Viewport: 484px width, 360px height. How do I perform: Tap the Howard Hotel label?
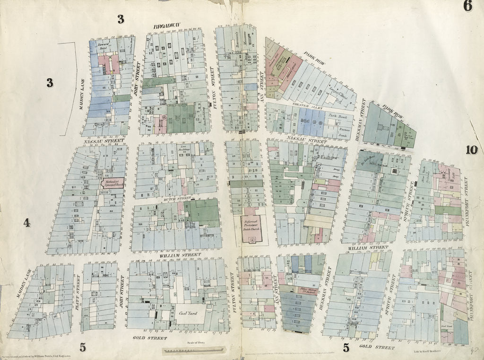click(104, 46)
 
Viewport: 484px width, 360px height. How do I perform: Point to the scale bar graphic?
click(194, 351)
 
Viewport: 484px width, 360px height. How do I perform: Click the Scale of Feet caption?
click(194, 342)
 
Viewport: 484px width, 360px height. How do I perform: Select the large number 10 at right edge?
click(471, 150)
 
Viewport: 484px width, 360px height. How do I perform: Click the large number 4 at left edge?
click(27, 222)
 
